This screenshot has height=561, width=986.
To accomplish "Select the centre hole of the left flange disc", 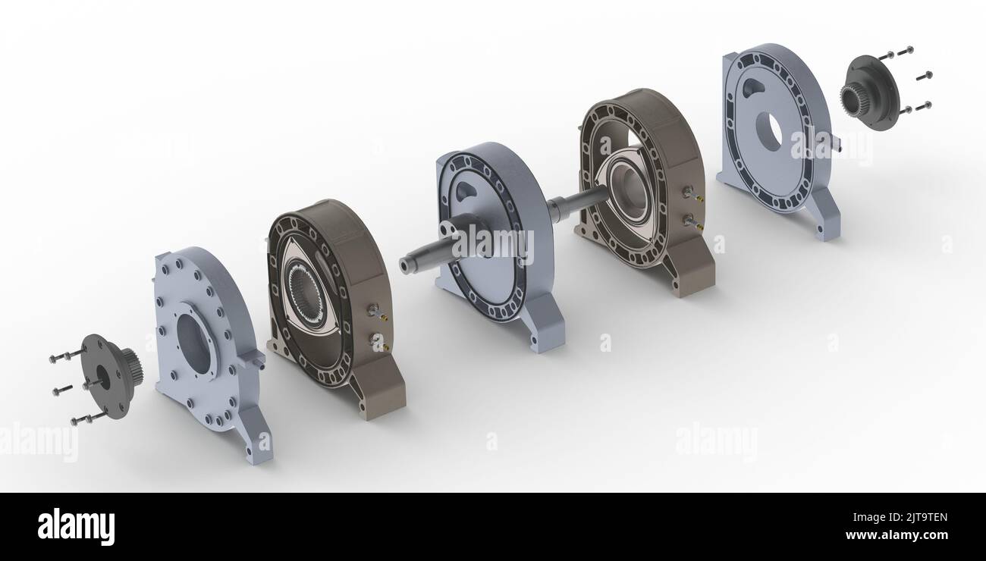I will [x=103, y=376].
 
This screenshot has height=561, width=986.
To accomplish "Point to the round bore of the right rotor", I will [x=630, y=190].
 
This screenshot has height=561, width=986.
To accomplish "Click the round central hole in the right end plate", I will [x=768, y=131].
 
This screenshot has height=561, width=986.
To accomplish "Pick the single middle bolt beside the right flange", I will [x=924, y=76].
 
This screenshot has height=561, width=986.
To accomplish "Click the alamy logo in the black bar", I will [x=76, y=526].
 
